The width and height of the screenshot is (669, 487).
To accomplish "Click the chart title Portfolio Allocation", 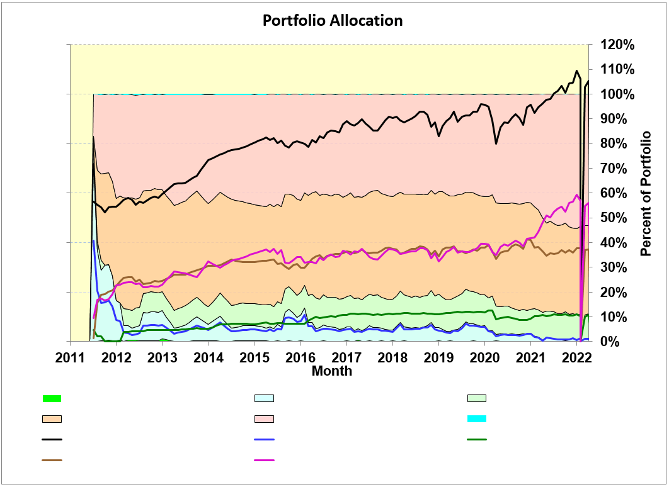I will point(332,20).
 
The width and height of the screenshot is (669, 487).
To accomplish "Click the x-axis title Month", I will point(332,371).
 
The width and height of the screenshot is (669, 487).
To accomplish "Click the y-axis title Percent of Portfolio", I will point(646,193).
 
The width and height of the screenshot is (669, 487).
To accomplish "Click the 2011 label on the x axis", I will point(70,358).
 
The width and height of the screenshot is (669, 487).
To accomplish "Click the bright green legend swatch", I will point(52,398).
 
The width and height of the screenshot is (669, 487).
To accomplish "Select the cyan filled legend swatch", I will point(477,419).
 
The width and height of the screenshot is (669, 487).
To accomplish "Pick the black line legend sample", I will point(52,440).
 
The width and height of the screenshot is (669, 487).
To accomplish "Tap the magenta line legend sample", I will point(264,461).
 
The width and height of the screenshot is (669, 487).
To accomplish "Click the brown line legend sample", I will point(52,461).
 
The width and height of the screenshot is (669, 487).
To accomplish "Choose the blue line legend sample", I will point(264,440).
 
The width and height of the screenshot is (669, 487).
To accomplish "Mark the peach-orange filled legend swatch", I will point(52,419).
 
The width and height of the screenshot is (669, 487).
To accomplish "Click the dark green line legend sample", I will point(477,440).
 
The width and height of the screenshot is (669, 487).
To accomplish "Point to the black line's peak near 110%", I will point(576,71).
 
